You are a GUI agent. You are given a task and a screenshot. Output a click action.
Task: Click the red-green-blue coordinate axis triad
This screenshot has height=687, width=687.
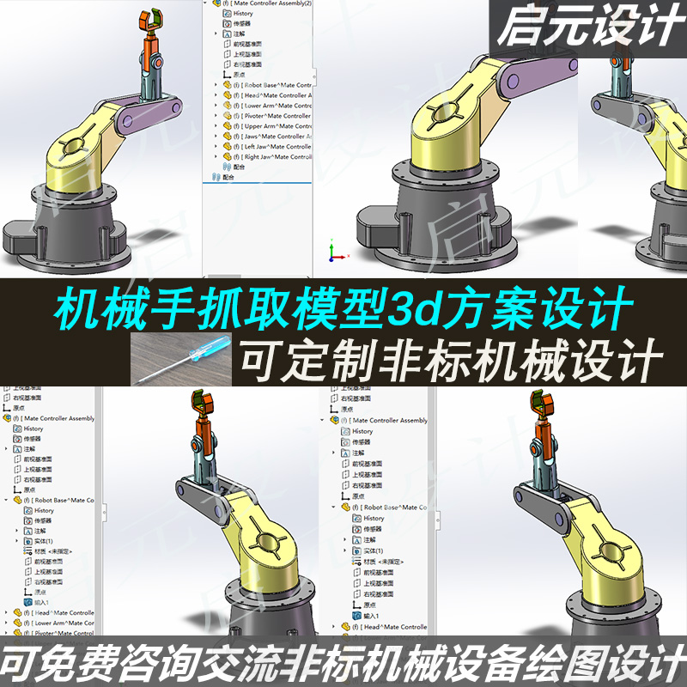point(335,252)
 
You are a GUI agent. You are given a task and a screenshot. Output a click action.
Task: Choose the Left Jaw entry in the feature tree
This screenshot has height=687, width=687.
point(276,147)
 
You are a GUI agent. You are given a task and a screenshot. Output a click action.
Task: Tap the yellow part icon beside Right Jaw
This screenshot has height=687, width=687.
point(227,157)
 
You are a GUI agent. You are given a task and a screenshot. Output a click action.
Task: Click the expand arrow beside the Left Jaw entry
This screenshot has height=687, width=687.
point(216,147)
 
